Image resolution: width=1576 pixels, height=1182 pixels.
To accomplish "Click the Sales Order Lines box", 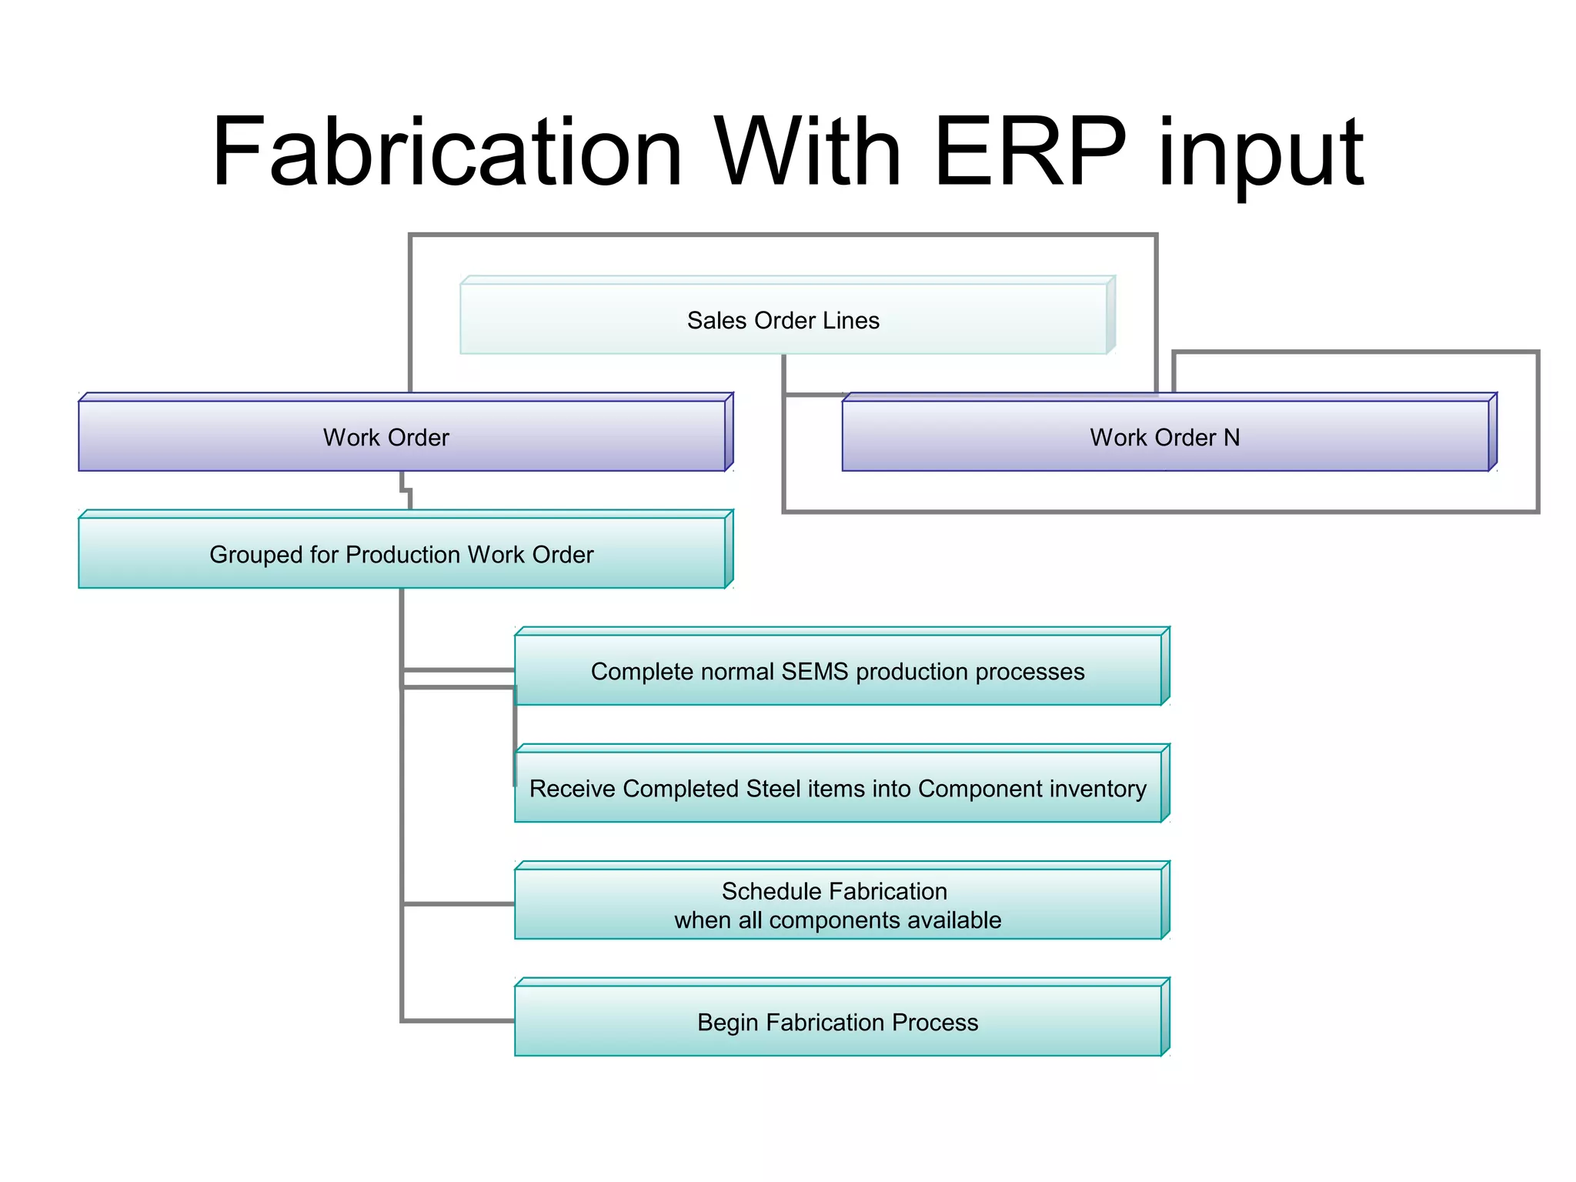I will click(783, 319).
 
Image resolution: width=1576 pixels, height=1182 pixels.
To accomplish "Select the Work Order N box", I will click(1165, 436).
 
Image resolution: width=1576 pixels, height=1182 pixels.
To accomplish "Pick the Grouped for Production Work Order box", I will click(402, 553).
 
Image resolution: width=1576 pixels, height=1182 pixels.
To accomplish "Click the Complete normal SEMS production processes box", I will click(837, 670).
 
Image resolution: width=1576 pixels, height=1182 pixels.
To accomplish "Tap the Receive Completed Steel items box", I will click(837, 788).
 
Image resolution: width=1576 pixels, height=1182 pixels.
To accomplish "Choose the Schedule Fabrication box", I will click(837, 904).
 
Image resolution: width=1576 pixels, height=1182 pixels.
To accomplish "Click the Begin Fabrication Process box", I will click(837, 1021).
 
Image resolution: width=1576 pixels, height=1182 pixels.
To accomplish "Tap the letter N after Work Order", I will click(1231, 437).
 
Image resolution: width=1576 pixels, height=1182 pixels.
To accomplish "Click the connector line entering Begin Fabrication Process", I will click(458, 1020).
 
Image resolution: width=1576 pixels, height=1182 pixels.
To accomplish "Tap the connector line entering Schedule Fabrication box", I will click(458, 903).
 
